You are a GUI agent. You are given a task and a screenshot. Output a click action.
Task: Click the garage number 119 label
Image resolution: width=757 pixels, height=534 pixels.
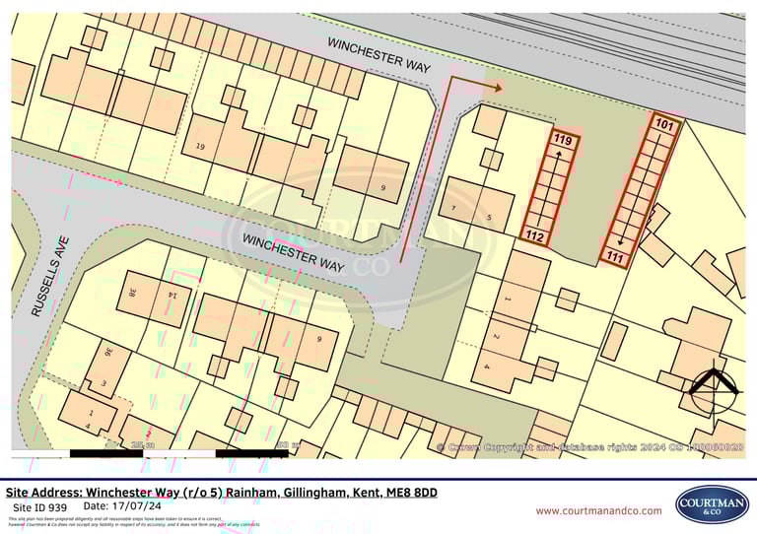(x=563, y=141)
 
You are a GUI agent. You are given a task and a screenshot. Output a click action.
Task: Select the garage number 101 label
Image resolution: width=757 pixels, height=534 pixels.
(x=665, y=126)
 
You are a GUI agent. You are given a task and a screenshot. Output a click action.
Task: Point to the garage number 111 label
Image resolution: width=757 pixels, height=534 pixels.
(x=616, y=257)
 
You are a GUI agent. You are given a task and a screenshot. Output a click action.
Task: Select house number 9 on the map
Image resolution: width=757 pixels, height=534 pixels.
(x=383, y=187)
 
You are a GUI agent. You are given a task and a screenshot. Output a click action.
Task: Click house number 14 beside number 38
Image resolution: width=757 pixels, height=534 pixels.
(x=172, y=295)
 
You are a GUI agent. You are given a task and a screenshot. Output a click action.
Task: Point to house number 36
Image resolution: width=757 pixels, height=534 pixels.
(x=109, y=352)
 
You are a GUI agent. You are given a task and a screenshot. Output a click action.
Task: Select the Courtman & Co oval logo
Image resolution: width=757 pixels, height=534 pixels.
(x=712, y=504)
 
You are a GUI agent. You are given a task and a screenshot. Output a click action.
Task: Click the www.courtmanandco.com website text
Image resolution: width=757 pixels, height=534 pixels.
(x=598, y=510)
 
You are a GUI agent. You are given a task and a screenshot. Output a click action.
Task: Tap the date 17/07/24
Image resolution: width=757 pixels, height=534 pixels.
(x=139, y=506)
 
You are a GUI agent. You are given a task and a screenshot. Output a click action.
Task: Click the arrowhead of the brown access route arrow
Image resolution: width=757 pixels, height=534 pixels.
(x=497, y=88)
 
